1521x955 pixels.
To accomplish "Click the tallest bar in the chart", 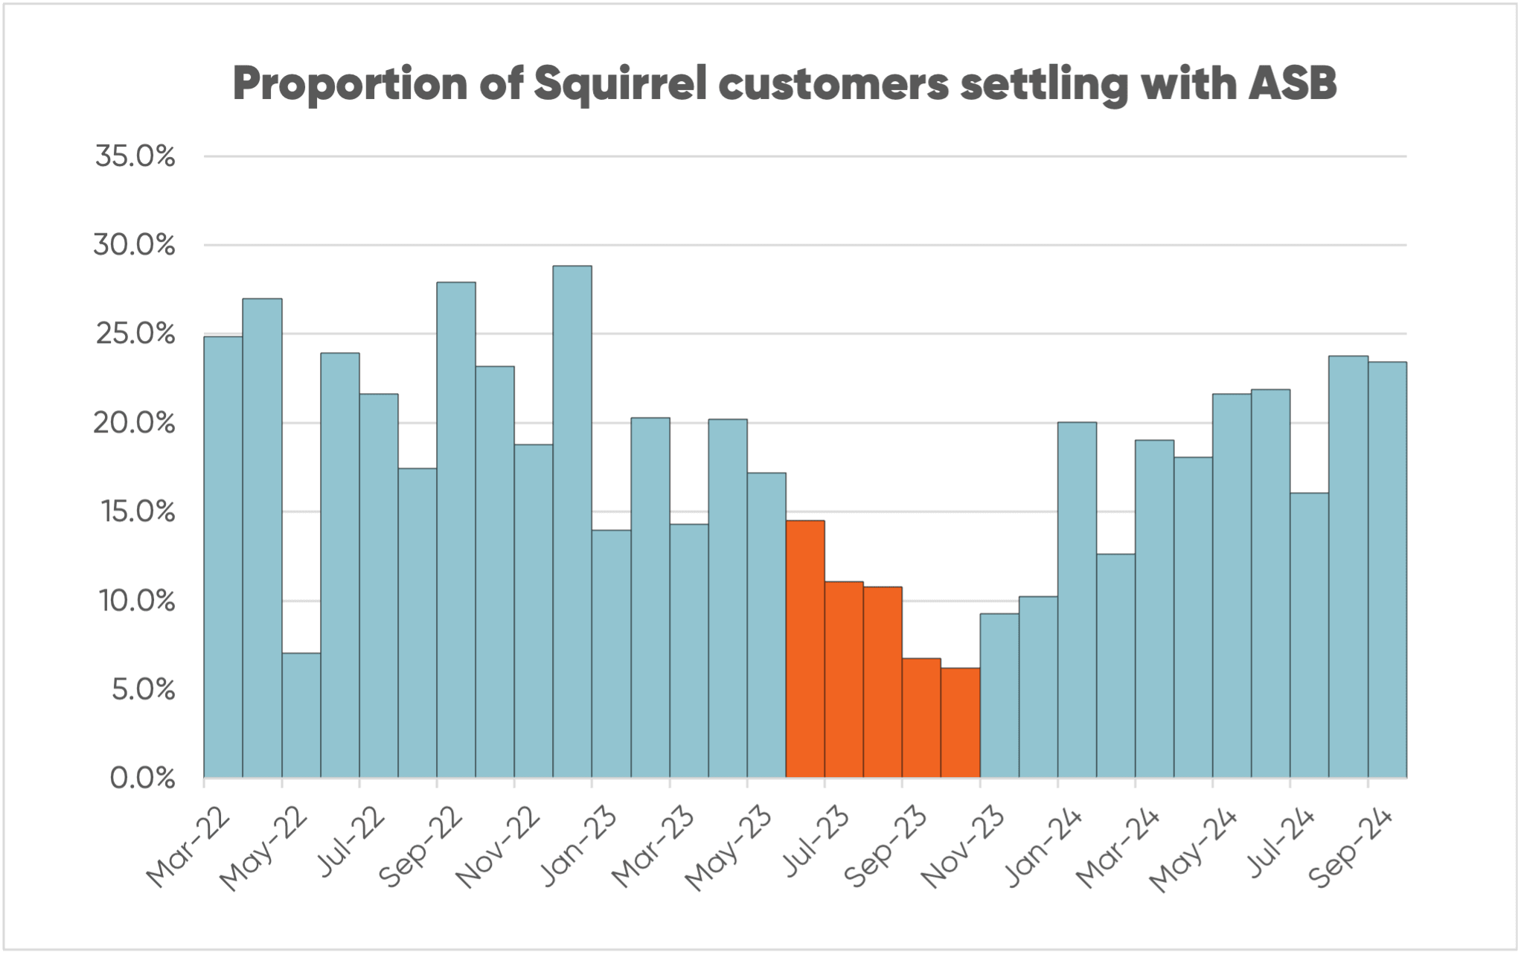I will pyautogui.click(x=572, y=521).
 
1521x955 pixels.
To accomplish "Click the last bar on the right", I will pyautogui.click(x=1387, y=569).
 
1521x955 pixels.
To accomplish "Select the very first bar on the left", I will pyautogui.click(x=223, y=557).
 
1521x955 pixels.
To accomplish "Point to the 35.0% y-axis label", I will pyautogui.click(x=135, y=156).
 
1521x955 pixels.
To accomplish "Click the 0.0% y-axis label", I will pyautogui.click(x=142, y=779).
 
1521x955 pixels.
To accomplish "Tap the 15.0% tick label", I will pyautogui.click(x=138, y=512).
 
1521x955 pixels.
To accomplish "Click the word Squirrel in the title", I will pyautogui.click(x=621, y=83).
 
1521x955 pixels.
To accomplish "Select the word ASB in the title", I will pyautogui.click(x=1293, y=83).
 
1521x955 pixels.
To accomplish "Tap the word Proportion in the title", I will pyautogui.click(x=350, y=85).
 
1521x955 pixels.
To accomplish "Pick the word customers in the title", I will pyautogui.click(x=833, y=83).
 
